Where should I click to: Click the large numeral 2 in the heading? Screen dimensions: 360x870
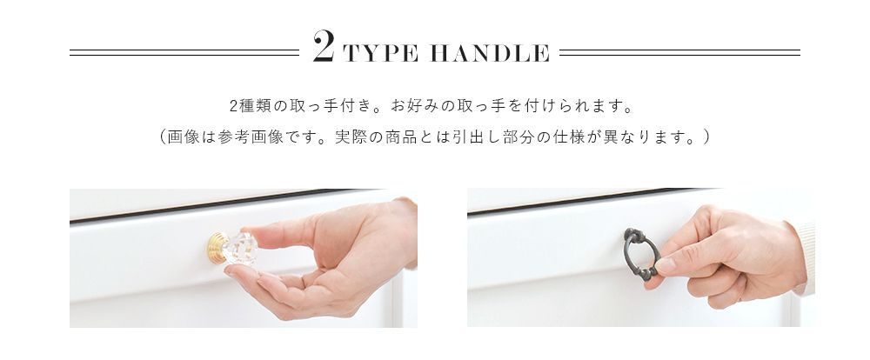pyautogui.click(x=323, y=49)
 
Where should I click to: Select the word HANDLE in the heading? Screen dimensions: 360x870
pyautogui.click(x=493, y=54)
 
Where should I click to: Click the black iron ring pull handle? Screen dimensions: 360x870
pyautogui.click(x=641, y=254)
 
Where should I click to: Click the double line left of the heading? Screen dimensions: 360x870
pyautogui.click(x=184, y=52)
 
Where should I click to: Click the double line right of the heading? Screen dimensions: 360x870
pyautogui.click(x=679, y=52)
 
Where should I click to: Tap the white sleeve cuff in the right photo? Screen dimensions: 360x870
pyautogui.click(x=805, y=257)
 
